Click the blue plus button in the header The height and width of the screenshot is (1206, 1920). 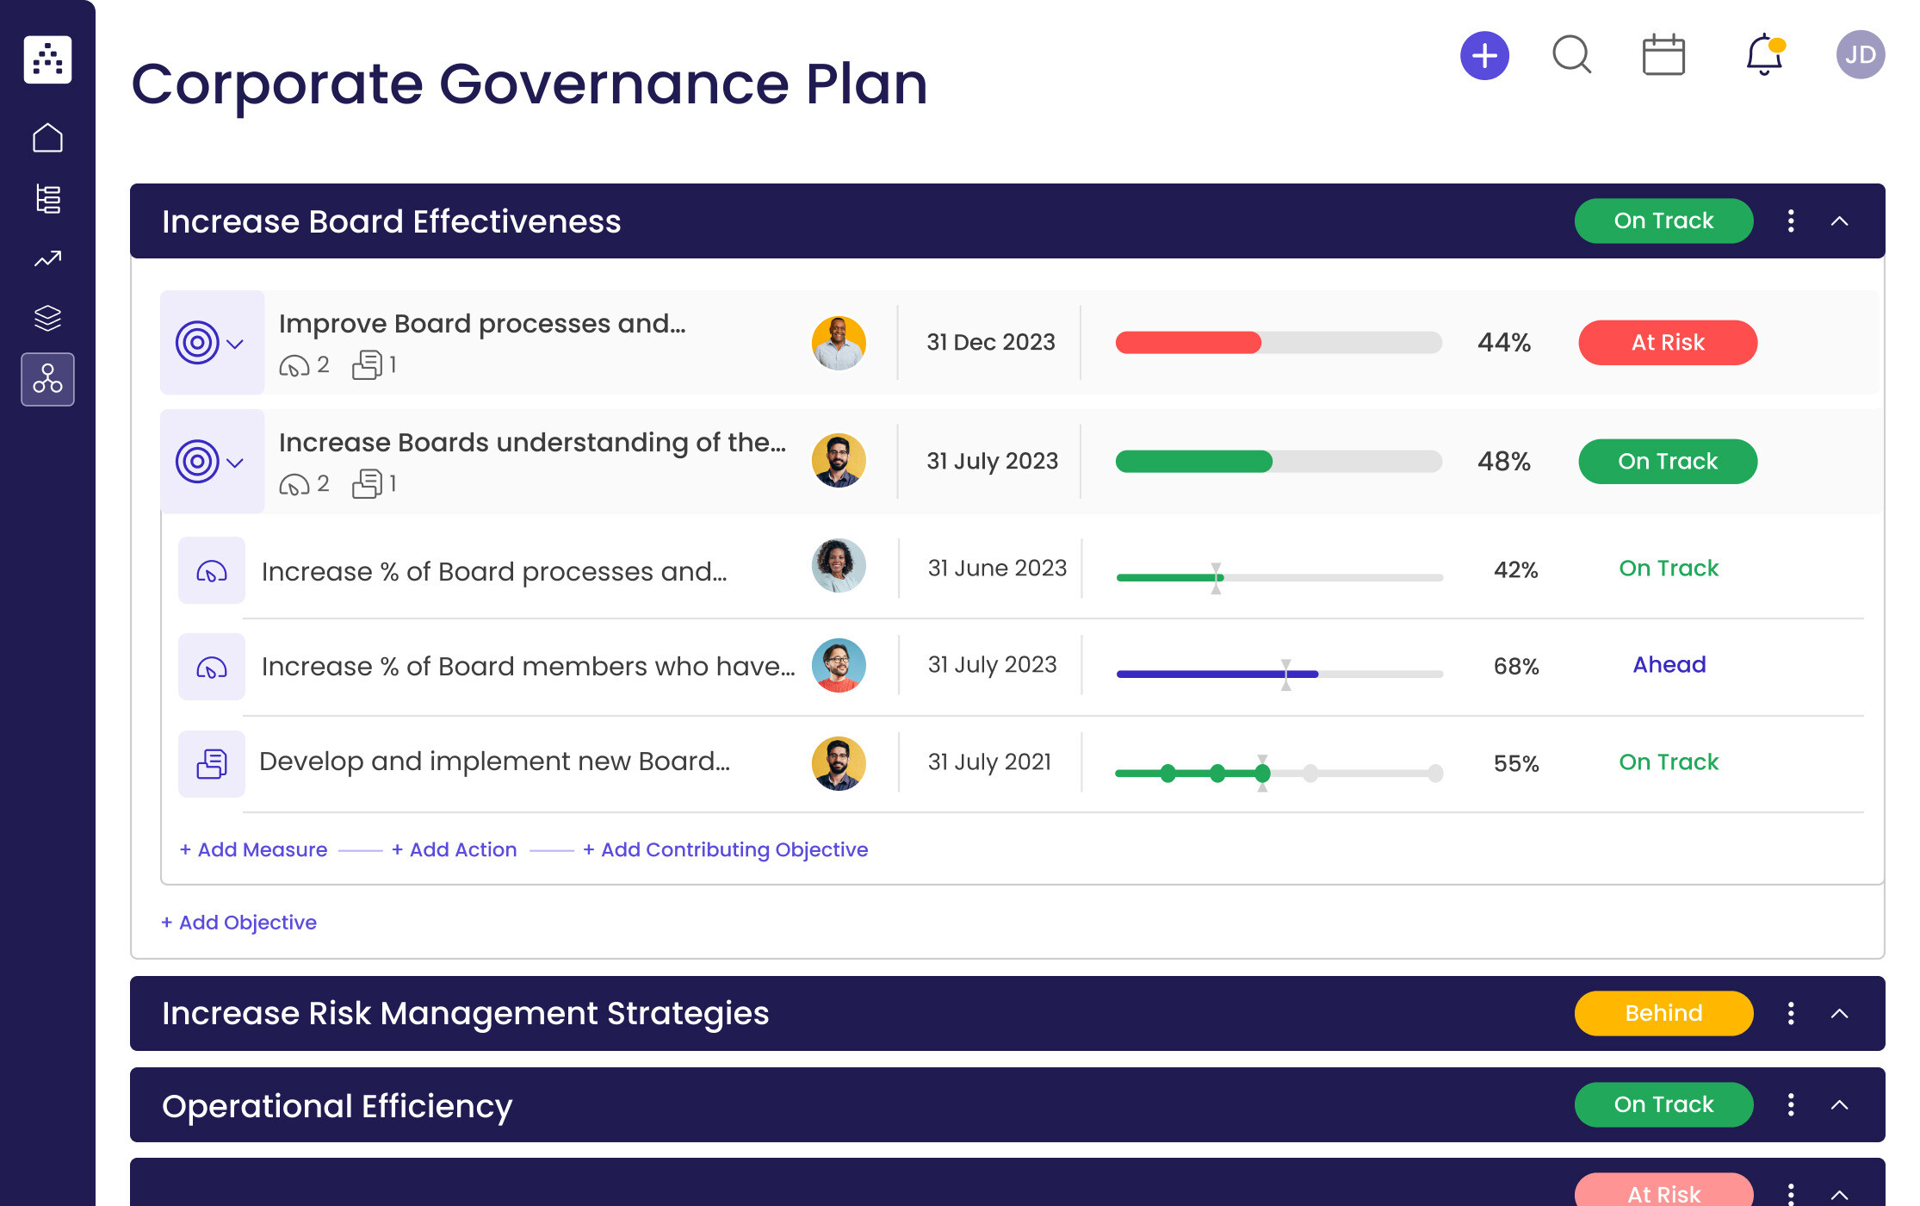click(1484, 56)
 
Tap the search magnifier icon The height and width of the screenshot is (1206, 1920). click(1571, 55)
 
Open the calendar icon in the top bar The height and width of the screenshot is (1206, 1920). click(1663, 55)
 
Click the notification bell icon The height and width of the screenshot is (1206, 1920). click(1763, 55)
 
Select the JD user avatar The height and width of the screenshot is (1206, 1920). click(1860, 55)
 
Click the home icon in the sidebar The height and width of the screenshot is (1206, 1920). click(47, 138)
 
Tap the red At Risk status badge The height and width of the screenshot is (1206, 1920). click(1667, 343)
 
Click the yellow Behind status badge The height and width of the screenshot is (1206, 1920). click(1663, 1013)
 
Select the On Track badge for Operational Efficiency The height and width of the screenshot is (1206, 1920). click(1663, 1104)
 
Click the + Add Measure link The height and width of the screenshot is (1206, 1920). click(254, 850)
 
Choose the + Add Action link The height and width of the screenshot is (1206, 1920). click(455, 850)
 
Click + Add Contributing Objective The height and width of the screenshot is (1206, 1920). click(726, 850)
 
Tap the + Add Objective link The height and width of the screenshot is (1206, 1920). click(239, 923)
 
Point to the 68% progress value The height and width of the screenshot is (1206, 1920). click(1515, 666)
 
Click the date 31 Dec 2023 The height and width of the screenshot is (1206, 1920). click(990, 343)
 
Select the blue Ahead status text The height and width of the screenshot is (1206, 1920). click(1669, 665)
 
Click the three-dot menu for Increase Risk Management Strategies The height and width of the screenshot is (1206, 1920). click(1791, 1013)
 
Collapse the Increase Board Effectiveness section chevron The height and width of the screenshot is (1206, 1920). click(1839, 221)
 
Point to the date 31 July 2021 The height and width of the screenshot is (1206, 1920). click(989, 762)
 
